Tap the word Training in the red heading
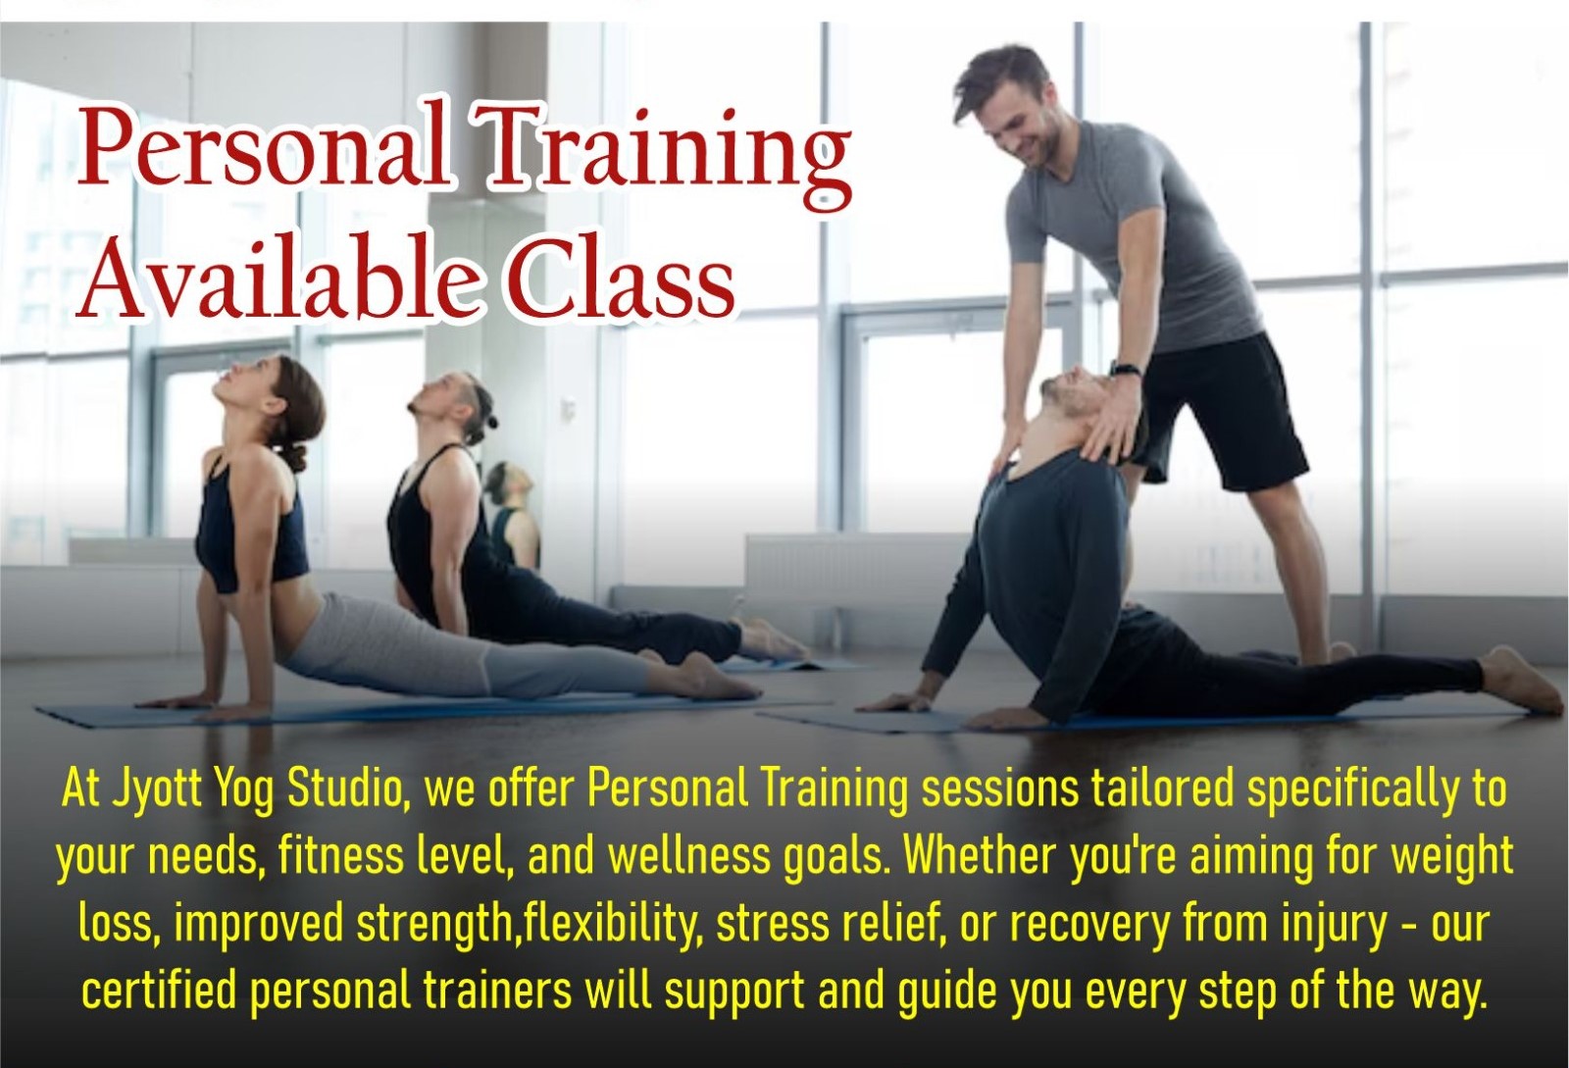pos(667,152)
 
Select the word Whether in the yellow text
pos(981,856)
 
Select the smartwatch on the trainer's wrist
pos(1126,370)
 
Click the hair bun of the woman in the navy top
pos(293,456)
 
